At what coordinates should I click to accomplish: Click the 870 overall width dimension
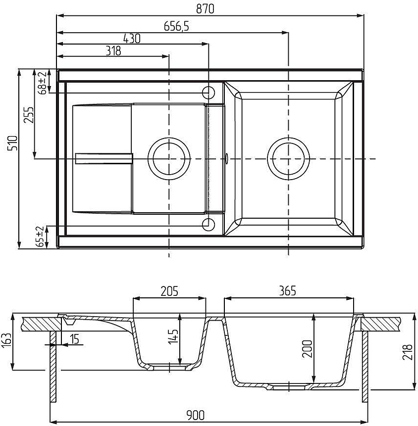coord(205,9)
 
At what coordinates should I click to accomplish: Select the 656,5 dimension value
coord(176,26)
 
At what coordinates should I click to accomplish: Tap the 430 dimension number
coord(132,38)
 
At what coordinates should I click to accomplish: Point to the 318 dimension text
coord(113,51)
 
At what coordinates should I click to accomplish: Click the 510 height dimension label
coord(13,143)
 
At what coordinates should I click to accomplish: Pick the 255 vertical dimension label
coord(29,115)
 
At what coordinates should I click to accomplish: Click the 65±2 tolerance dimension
coord(41,236)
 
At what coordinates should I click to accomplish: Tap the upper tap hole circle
coord(209,93)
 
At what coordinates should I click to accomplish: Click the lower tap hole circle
coord(209,225)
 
